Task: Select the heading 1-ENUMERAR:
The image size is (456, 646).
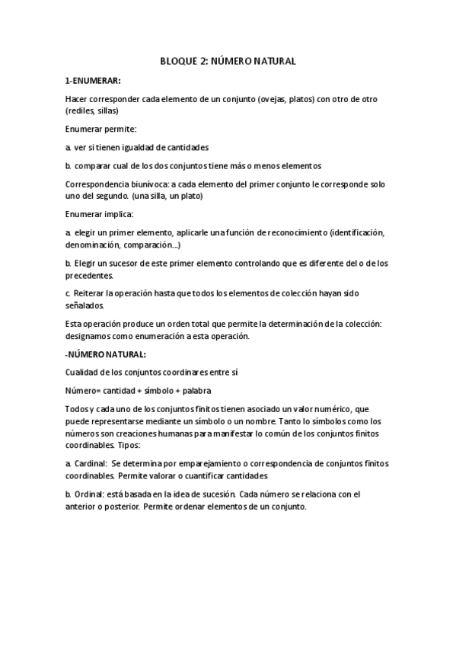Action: coord(93,79)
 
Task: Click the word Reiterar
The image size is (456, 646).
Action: coord(91,293)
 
